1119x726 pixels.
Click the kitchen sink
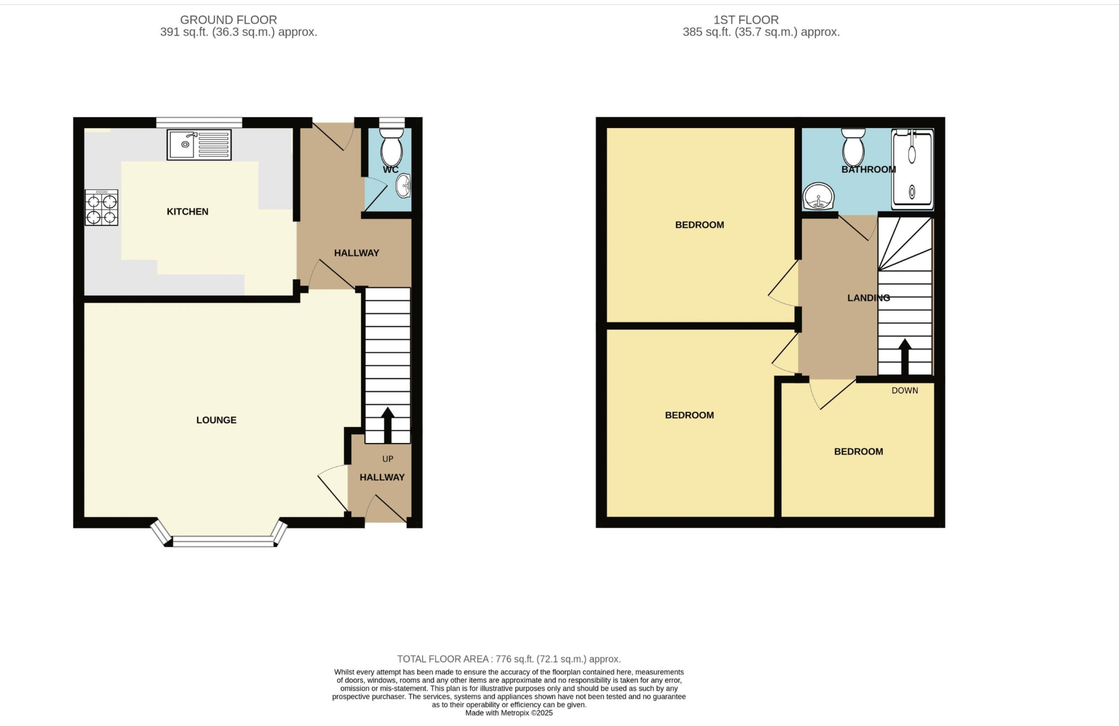click(x=199, y=145)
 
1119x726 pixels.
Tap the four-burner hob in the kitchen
click(x=102, y=208)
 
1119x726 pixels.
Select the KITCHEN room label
click(x=187, y=211)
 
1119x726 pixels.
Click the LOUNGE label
click(x=216, y=420)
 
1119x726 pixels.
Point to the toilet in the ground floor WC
click(x=392, y=145)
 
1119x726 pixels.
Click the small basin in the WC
click(x=403, y=186)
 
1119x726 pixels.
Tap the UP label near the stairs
click(x=387, y=459)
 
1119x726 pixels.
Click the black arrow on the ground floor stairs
click(x=387, y=425)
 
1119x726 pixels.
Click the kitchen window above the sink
click(x=199, y=123)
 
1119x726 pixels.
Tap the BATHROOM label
click(x=869, y=169)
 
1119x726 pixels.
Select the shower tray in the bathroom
click(x=913, y=169)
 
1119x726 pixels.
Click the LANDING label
click(x=869, y=298)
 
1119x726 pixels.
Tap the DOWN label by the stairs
click(x=905, y=390)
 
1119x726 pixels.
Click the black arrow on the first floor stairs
click(x=905, y=357)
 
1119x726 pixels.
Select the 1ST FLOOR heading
click(x=746, y=20)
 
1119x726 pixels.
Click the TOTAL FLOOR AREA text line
click(x=509, y=659)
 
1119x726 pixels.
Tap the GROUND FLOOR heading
click(x=228, y=20)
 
